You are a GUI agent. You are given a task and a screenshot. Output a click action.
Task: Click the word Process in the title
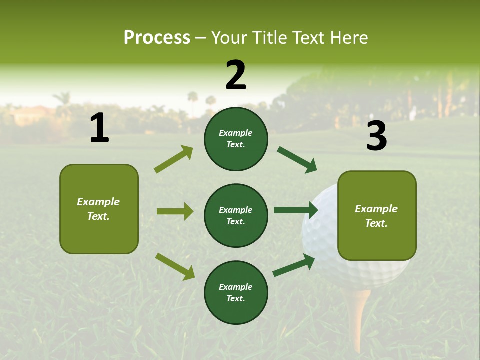tap(157, 38)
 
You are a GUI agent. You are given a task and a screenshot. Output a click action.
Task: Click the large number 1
tap(99, 128)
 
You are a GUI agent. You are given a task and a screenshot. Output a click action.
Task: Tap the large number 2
tap(236, 75)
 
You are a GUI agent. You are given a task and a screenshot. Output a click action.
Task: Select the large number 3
tap(376, 136)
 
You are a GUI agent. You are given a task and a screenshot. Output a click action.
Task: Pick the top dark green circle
tap(236, 139)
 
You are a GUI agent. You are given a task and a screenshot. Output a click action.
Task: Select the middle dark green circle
tap(236, 215)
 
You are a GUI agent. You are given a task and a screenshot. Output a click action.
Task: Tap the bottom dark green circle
tap(236, 292)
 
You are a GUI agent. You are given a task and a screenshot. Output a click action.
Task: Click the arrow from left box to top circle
tap(173, 159)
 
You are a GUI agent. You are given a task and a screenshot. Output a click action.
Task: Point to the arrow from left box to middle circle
tap(175, 211)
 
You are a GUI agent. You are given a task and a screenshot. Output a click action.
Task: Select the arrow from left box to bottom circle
tap(175, 266)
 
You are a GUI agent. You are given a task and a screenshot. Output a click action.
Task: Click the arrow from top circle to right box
tap(297, 160)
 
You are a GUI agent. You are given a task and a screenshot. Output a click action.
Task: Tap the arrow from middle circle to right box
tap(295, 210)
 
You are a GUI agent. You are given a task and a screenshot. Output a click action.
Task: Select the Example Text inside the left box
tap(98, 209)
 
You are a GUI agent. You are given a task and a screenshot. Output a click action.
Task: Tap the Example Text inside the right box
tap(376, 216)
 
